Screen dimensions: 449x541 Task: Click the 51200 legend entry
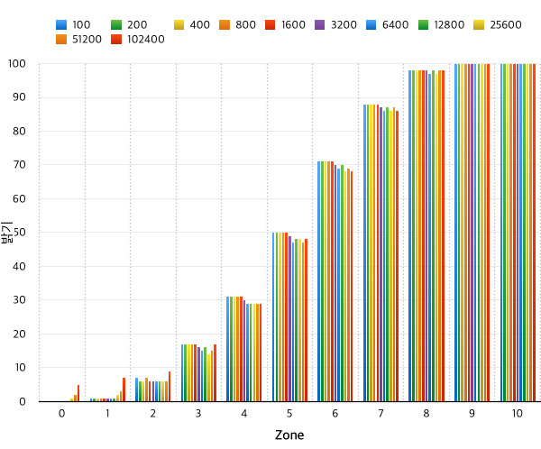coord(82,40)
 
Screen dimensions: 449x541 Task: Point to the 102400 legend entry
coord(140,40)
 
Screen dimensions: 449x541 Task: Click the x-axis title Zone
coord(289,435)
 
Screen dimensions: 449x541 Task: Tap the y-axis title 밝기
coord(8,233)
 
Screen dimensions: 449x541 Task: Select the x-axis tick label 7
coord(381,414)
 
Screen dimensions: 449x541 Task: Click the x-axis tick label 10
coord(517,414)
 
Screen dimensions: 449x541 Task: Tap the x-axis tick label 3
coord(198,414)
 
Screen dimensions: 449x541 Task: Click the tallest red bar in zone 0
coord(78,393)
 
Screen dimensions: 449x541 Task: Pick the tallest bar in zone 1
coord(124,389)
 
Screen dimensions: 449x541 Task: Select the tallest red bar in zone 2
coord(170,387)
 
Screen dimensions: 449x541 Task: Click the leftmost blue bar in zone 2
coord(136,389)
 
